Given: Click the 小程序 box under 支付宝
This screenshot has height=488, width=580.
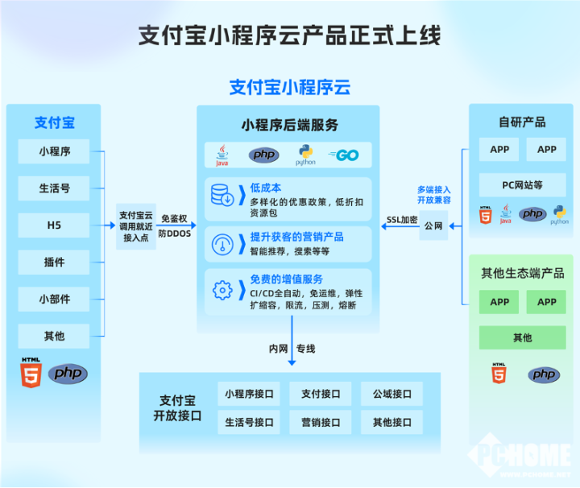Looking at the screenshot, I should pyautogui.click(x=55, y=151).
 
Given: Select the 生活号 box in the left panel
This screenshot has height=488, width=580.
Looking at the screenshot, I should pyautogui.click(x=55, y=188).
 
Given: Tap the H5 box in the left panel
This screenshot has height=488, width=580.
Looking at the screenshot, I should pyautogui.click(x=55, y=225).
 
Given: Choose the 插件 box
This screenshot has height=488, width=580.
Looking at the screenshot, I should pyautogui.click(x=55, y=262).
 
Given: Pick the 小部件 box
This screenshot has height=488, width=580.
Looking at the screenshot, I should pyautogui.click(x=55, y=299).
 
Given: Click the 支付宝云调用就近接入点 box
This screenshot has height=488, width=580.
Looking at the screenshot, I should pyautogui.click(x=135, y=226).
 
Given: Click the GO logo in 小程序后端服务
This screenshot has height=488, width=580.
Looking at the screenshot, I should pyautogui.click(x=344, y=155).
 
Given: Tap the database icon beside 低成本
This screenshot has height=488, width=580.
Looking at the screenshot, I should pyautogui.click(x=222, y=196).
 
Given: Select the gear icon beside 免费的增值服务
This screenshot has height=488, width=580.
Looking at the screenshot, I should pyautogui.click(x=222, y=288).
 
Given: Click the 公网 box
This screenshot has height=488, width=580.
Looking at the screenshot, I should pyautogui.click(x=433, y=226).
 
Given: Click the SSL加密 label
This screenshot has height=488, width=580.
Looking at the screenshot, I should pyautogui.click(x=402, y=219).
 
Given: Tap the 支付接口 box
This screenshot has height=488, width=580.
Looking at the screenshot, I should pyautogui.click(x=321, y=394).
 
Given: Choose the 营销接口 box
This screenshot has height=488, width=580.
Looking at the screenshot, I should pyautogui.click(x=321, y=421).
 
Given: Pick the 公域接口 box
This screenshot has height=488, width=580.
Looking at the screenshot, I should pyautogui.click(x=392, y=394).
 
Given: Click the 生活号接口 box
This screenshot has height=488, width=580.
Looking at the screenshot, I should pyautogui.click(x=250, y=421).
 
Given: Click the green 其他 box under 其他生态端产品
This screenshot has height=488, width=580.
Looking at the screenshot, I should pyautogui.click(x=523, y=337).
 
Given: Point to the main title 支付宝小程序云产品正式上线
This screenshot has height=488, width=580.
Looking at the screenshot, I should pyautogui.click(x=290, y=35).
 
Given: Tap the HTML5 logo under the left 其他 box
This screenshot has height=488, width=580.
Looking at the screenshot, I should pyautogui.click(x=30, y=372).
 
